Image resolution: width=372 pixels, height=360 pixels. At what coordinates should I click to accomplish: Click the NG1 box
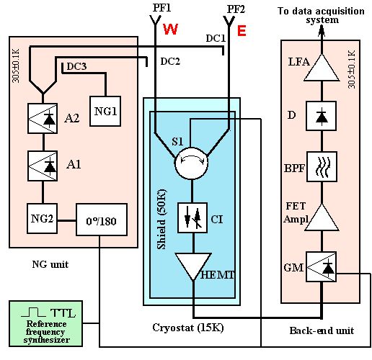105,111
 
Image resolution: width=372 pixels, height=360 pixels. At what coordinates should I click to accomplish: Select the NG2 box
42,218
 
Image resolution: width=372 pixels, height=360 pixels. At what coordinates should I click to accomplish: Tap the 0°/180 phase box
102,220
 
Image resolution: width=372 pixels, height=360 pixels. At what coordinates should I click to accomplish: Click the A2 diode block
43,118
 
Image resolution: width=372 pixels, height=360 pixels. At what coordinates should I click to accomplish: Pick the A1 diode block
43,166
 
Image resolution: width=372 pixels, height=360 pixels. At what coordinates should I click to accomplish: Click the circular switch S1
191,163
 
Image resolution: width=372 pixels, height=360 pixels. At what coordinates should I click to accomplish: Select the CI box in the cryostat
192,217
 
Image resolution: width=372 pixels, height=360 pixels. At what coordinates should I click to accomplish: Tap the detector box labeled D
321,116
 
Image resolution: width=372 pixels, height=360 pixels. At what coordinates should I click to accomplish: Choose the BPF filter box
322,166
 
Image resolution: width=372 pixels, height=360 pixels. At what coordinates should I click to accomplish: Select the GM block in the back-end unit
321,266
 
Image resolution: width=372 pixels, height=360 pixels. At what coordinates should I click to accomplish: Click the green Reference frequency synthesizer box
46,323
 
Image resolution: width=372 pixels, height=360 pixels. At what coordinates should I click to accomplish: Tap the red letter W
171,30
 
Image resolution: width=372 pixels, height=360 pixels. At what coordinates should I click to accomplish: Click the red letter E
242,31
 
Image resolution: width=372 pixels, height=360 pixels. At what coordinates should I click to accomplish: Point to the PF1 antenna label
161,8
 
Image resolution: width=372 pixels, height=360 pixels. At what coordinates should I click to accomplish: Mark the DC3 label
76,66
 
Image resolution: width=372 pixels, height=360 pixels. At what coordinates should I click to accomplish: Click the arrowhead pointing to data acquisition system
322,32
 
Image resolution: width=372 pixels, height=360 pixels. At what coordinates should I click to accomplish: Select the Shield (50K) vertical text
161,220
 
